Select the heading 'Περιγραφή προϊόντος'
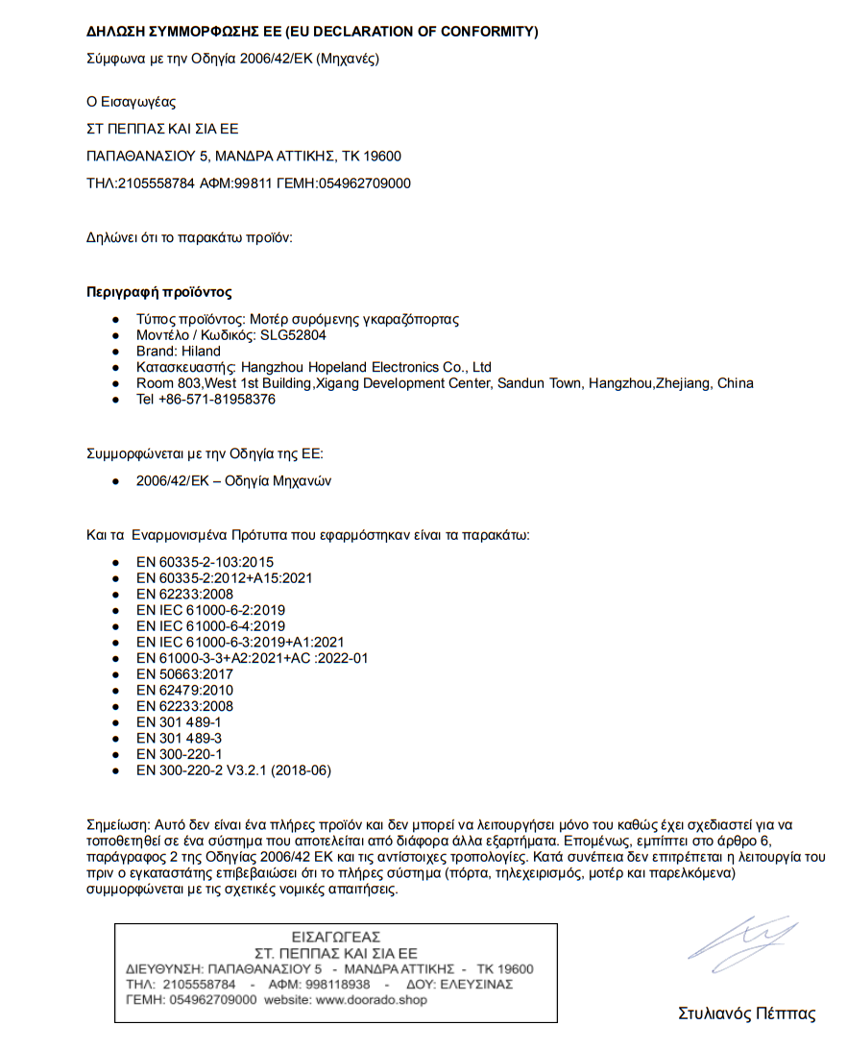tap(158, 292)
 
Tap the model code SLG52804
tap(293, 335)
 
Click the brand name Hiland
tap(202, 352)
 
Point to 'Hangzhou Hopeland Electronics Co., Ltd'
tap(366, 367)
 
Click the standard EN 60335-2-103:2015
tap(205, 562)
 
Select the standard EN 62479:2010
tap(184, 690)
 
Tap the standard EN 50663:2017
tap(184, 674)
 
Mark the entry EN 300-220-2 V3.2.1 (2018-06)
tap(233, 770)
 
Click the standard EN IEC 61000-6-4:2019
tap(210, 626)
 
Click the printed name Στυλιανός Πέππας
tap(746, 1013)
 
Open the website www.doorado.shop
tap(372, 1000)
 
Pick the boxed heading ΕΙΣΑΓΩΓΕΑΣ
tap(336, 937)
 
